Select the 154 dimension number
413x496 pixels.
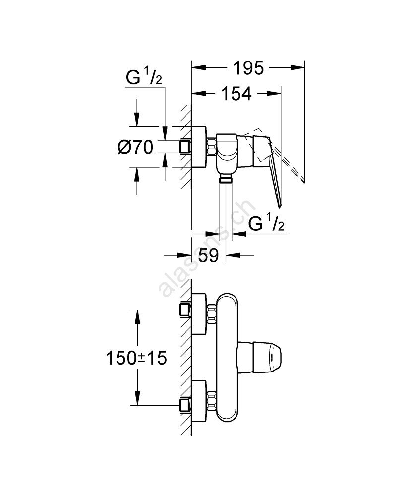click(x=236, y=94)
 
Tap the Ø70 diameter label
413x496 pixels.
click(x=135, y=147)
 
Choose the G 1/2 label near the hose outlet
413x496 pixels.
click(x=266, y=225)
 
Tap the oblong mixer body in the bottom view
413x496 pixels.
click(x=229, y=356)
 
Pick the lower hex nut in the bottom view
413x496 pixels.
click(x=212, y=399)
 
